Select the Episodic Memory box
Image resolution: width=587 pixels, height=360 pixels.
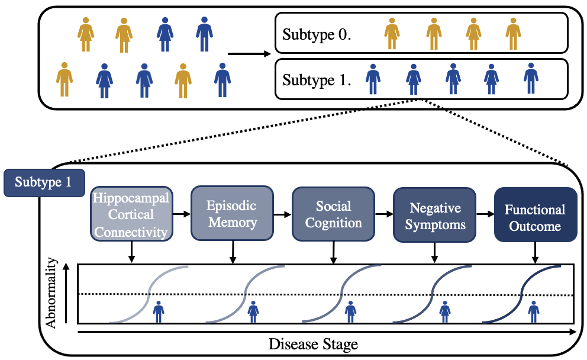[x=231, y=214]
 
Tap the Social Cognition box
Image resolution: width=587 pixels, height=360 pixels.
[x=333, y=214]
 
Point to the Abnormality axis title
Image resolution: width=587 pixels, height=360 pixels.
[x=53, y=292]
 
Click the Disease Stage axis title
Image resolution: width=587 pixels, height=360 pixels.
[x=313, y=344]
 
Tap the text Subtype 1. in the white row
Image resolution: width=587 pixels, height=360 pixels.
[x=317, y=79]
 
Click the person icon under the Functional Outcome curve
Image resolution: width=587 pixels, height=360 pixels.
[x=534, y=311]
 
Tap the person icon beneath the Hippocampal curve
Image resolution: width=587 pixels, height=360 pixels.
[x=159, y=311]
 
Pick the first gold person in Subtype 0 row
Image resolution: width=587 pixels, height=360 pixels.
[x=391, y=33]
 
